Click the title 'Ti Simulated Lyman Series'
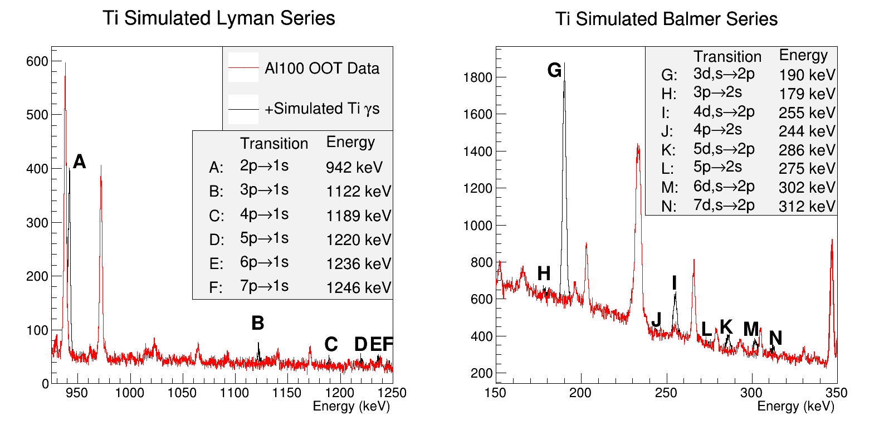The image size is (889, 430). [x=219, y=18]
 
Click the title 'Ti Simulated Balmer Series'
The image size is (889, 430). [x=666, y=19]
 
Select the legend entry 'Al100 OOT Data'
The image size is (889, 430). [x=321, y=69]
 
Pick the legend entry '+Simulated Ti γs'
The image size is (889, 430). [x=322, y=109]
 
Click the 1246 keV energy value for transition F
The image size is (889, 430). [x=359, y=287]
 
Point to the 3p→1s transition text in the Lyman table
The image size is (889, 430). [x=264, y=190]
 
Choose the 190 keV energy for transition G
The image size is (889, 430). [x=807, y=75]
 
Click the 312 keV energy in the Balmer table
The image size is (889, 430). [x=807, y=207]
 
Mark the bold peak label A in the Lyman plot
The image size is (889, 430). [x=80, y=162]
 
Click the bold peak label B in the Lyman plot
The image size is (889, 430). [x=257, y=323]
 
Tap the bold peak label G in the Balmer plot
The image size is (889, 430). [x=554, y=70]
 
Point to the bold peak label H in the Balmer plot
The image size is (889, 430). [x=544, y=273]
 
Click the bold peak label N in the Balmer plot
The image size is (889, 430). [x=775, y=338]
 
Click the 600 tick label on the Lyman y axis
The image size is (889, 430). [x=37, y=61]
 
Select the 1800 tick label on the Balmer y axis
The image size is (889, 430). [x=478, y=77]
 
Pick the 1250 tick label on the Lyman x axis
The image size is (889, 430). [x=393, y=393]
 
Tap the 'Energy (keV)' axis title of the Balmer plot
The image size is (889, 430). [x=795, y=407]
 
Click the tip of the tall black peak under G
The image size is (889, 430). [x=564, y=63]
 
